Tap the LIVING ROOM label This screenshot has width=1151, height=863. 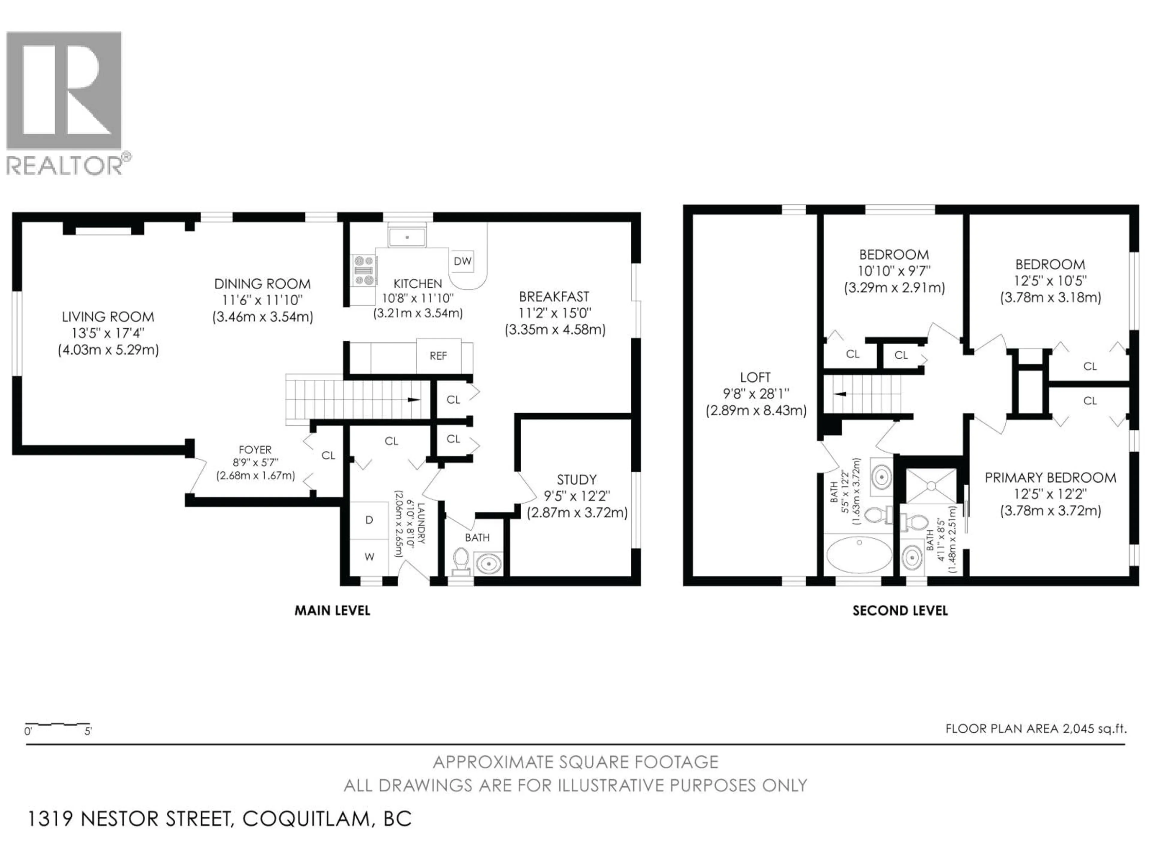tap(108, 317)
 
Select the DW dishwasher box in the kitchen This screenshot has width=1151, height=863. tap(462, 261)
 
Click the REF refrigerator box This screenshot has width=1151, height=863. tap(438, 356)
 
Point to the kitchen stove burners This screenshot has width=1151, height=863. tap(364, 270)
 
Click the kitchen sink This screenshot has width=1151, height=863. tap(407, 237)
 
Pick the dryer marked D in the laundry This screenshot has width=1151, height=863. tap(369, 520)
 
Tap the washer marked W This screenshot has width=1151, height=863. tap(369, 557)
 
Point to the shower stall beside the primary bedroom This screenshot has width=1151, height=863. tap(931, 485)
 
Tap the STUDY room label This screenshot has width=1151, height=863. tap(576, 480)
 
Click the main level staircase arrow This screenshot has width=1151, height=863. tap(414, 399)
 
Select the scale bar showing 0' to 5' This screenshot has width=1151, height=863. tap(57, 727)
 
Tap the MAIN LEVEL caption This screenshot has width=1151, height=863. tap(332, 610)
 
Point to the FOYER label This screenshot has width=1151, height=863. tap(255, 449)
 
